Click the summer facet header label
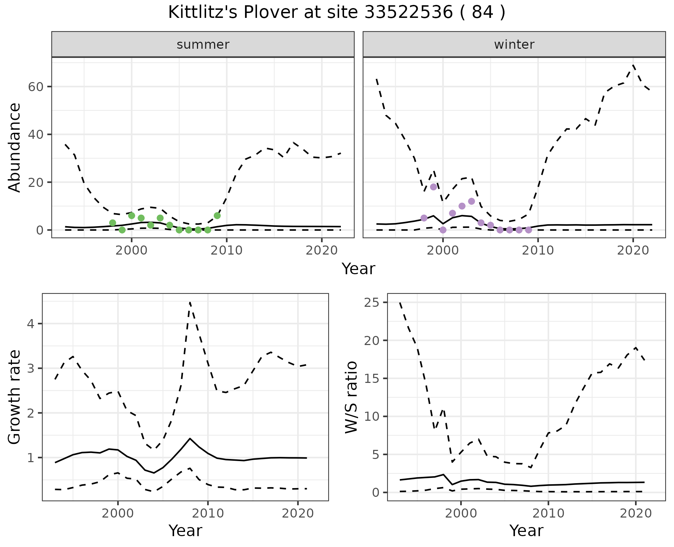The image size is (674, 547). tap(203, 45)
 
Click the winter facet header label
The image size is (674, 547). tap(514, 45)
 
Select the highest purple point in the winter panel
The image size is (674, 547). tap(434, 187)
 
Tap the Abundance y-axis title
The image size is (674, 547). tap(15, 147)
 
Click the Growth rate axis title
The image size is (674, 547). tap(15, 397)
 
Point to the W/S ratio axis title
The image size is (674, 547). tap(351, 397)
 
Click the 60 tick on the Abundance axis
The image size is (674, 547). tap(35, 87)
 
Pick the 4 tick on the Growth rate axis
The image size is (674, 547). tap(31, 324)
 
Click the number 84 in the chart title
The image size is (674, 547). tap(481, 13)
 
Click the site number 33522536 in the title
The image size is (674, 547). tap(408, 13)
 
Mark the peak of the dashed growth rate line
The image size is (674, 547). tap(190, 302)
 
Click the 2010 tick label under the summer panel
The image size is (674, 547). tap(227, 250)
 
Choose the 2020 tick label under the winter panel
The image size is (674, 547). tap(633, 250)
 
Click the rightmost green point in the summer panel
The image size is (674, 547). tap(217, 216)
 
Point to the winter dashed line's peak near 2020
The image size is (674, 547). tap(633, 65)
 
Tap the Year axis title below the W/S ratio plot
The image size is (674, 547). tap(526, 531)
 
